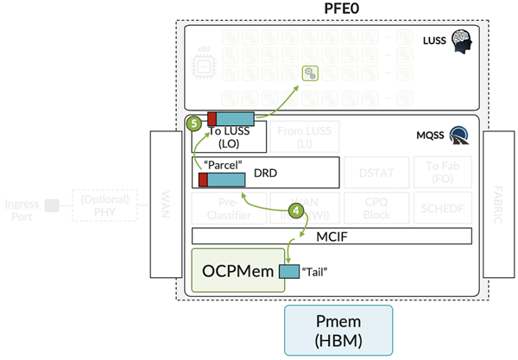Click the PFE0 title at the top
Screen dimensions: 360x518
(x=328, y=9)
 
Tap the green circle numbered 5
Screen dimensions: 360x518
(x=194, y=123)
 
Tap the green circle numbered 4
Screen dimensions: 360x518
(x=296, y=209)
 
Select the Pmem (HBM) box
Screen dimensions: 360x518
(x=338, y=330)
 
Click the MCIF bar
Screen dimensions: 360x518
(x=332, y=236)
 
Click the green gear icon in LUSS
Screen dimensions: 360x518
(x=307, y=74)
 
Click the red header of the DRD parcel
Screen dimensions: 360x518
(x=203, y=180)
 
